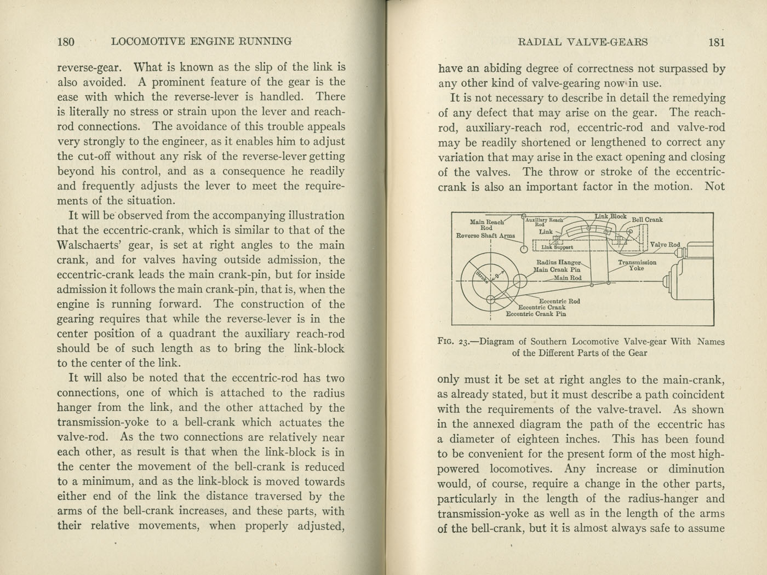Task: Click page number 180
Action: tap(66, 42)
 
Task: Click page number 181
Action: tap(717, 42)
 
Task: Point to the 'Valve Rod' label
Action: tap(665, 245)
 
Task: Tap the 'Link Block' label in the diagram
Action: tap(610, 217)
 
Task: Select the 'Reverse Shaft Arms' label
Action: tap(485, 236)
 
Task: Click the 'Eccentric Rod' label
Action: tap(559, 301)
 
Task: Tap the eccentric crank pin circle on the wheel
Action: tap(490, 299)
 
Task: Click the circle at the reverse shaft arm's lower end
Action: tap(524, 249)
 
